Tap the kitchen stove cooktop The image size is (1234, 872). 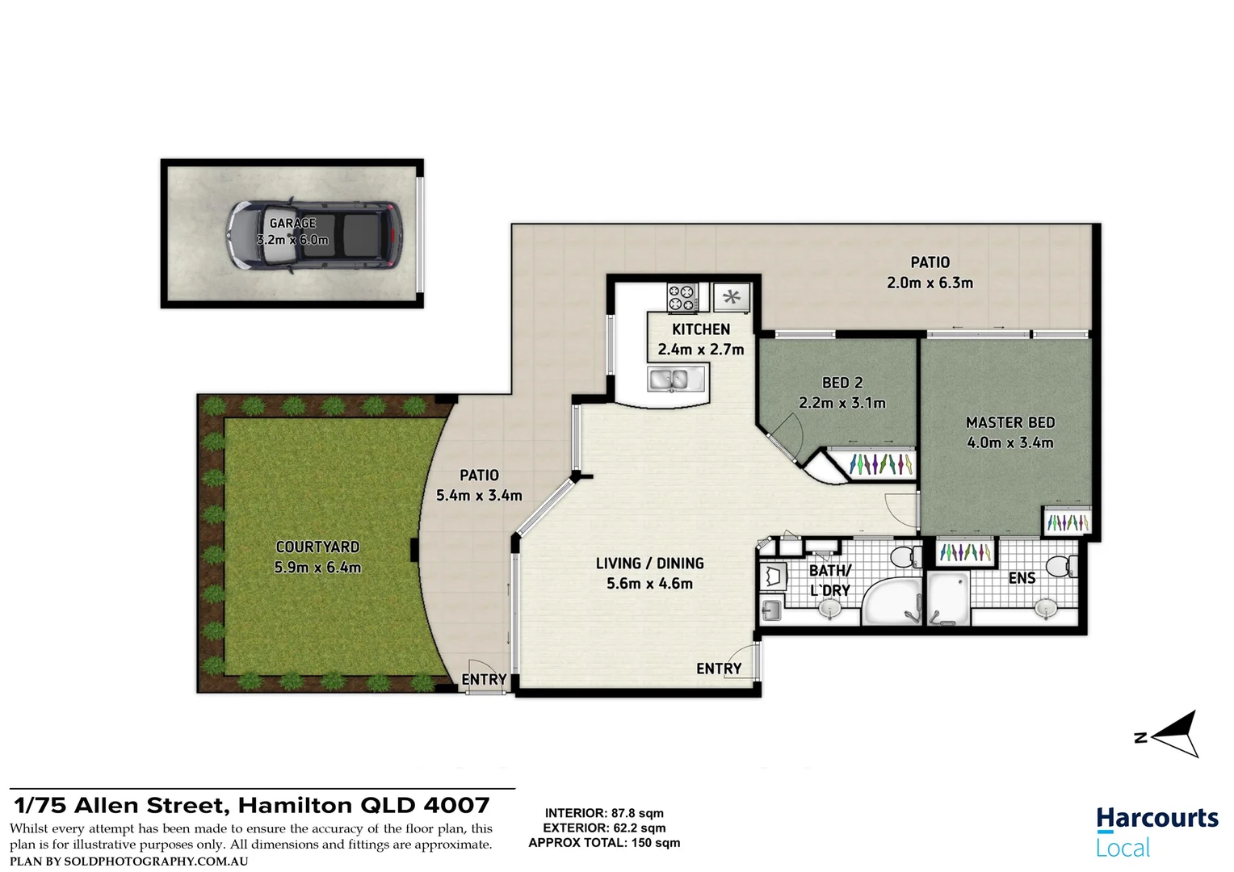pyautogui.click(x=682, y=297)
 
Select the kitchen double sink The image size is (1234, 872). pyautogui.click(x=669, y=379)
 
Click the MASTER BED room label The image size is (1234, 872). pyautogui.click(x=1010, y=422)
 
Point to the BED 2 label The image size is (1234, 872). pyautogui.click(x=842, y=383)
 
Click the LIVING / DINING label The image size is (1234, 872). pyautogui.click(x=649, y=564)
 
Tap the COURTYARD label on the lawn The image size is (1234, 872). pyautogui.click(x=317, y=547)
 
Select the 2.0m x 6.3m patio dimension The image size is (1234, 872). pyautogui.click(x=930, y=283)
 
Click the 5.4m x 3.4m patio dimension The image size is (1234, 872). pyautogui.click(x=479, y=496)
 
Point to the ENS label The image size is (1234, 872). pyautogui.click(x=1022, y=578)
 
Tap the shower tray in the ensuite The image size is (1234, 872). pyautogui.click(x=948, y=599)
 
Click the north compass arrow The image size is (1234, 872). pyautogui.click(x=1174, y=735)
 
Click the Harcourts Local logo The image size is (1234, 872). pyautogui.click(x=1156, y=832)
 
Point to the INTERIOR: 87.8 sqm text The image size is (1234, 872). pyautogui.click(x=604, y=813)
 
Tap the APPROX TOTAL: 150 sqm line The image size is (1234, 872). pyautogui.click(x=604, y=843)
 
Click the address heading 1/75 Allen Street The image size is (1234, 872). pyautogui.click(x=252, y=806)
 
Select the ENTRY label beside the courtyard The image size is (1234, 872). pyautogui.click(x=484, y=680)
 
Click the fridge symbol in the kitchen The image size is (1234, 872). pyautogui.click(x=732, y=297)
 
